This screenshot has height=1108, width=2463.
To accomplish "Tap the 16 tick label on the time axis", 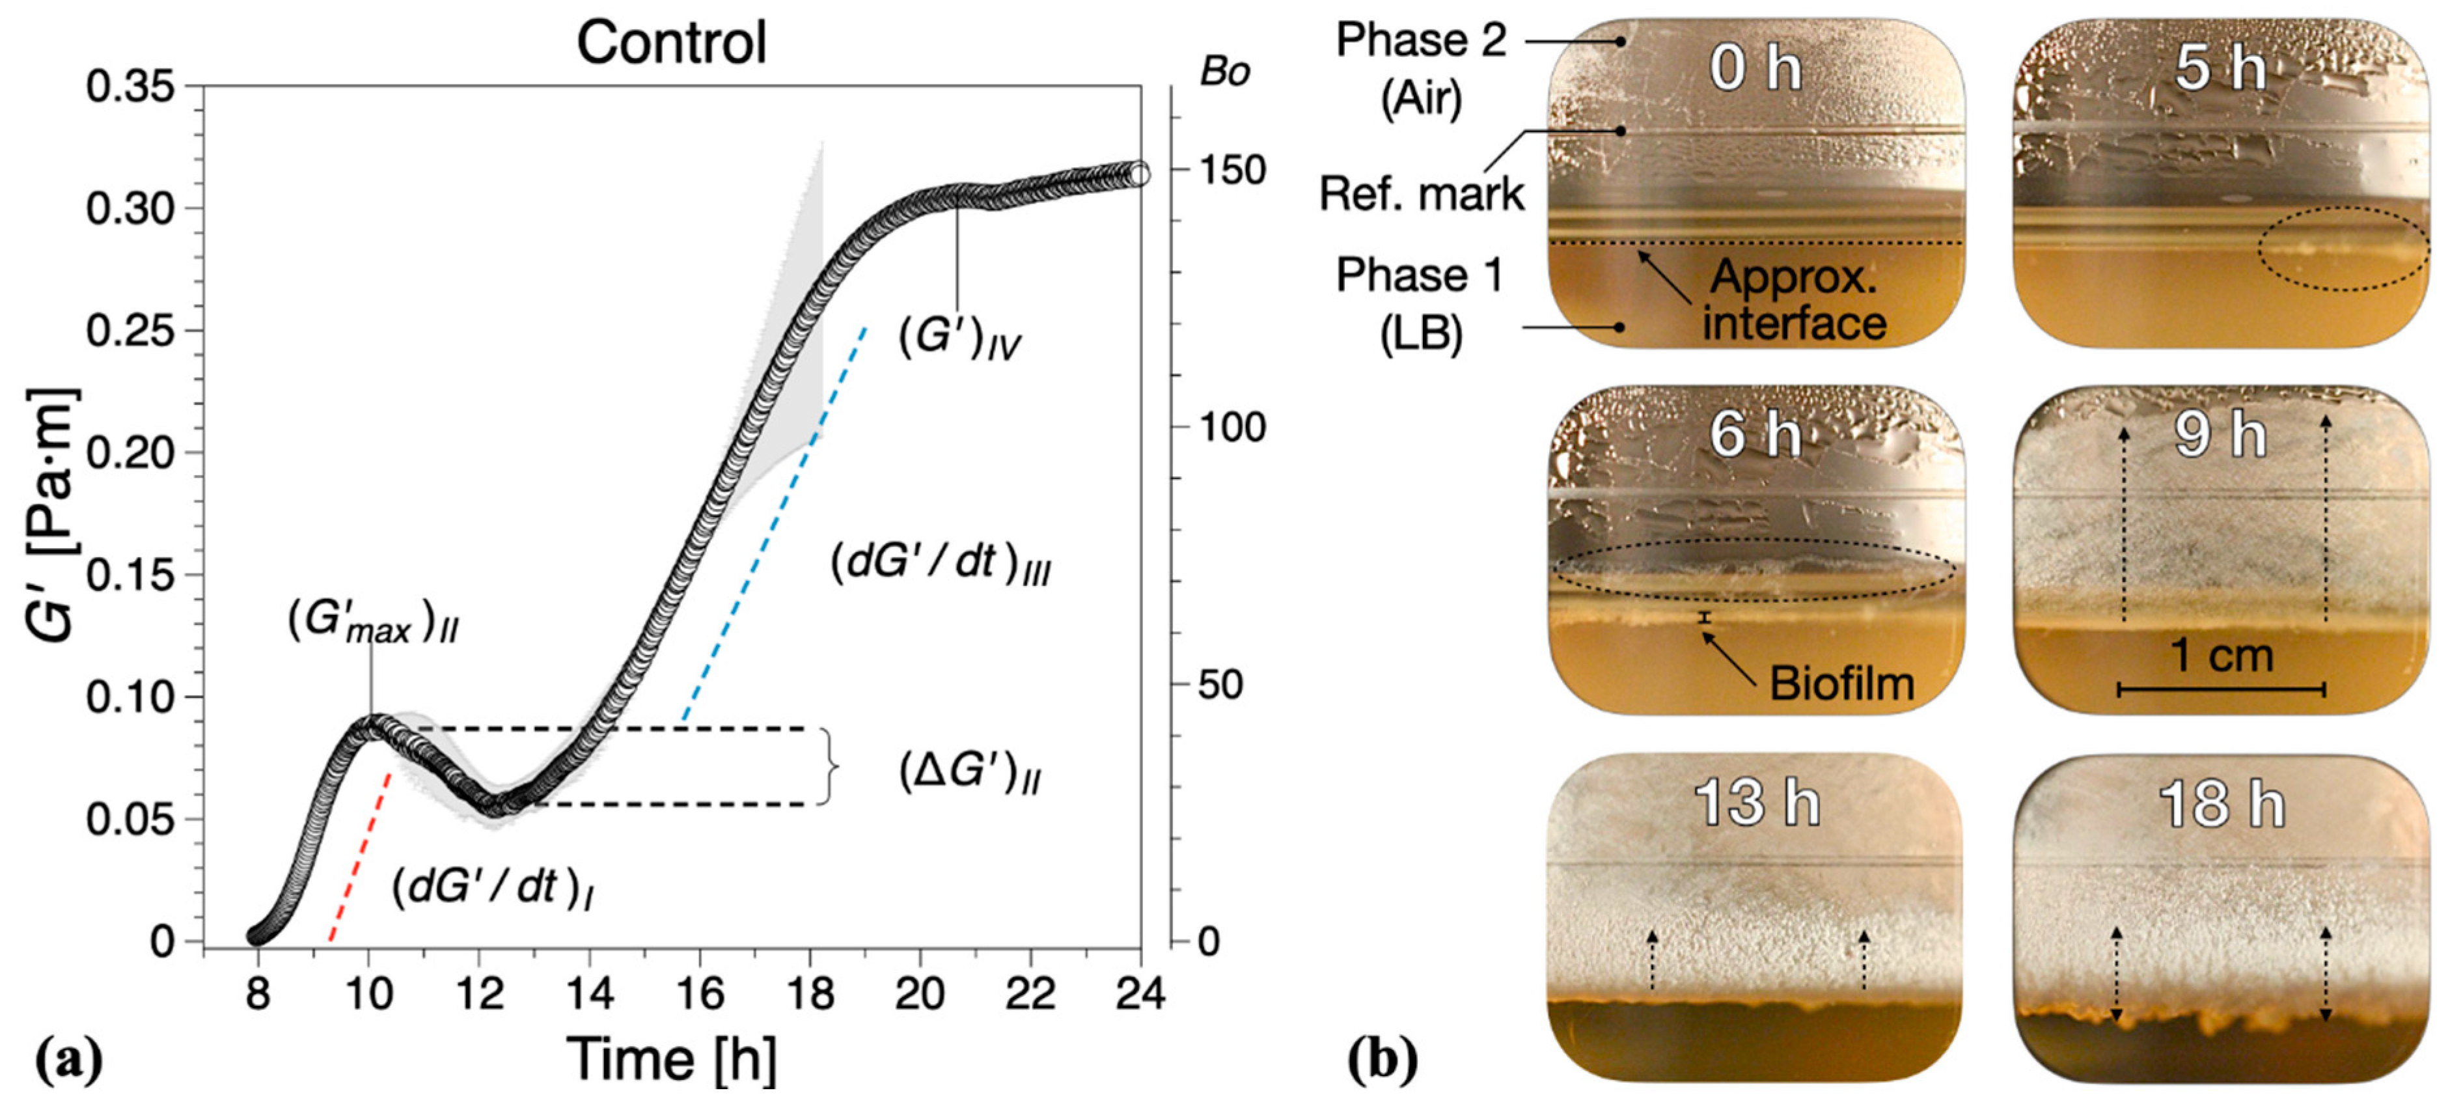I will pos(700,993).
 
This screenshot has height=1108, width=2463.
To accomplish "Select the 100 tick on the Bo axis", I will pos(1233,426).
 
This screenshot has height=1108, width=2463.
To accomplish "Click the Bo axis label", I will pos(1225,72).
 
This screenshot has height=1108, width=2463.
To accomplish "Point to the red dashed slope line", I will pos(359,857).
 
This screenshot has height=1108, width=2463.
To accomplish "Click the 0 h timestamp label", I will pos(1755,69).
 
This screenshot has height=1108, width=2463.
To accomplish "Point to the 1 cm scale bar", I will pos(2221,688).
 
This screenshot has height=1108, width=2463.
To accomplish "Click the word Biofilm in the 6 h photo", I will pos(1841,684).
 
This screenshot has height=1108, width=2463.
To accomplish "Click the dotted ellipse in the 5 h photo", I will pos(2343,249).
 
